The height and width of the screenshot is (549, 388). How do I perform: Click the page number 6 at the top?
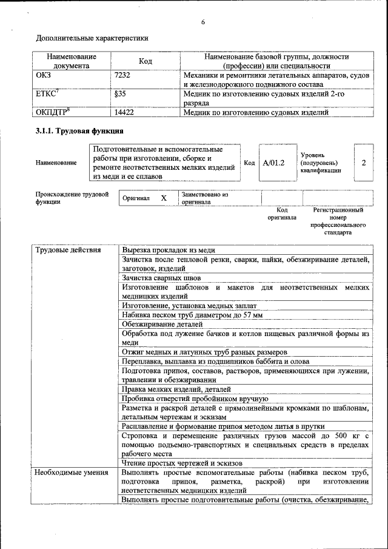coord(203,22)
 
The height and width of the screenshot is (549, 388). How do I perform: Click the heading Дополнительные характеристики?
coord(92,38)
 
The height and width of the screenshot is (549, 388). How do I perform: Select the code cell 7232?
coord(123,75)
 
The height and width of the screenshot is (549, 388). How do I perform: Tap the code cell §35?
coord(120,94)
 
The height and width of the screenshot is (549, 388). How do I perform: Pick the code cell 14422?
coord(124,112)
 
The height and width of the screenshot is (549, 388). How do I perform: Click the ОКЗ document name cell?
coord(44,75)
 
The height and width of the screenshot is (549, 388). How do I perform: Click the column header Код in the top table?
coord(145,61)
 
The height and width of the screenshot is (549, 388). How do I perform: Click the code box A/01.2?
coord(274,163)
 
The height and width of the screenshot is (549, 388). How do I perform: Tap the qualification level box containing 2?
coord(363,163)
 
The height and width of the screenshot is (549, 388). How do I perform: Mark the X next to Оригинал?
coord(163,198)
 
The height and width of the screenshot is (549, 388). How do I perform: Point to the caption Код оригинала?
coord(282,214)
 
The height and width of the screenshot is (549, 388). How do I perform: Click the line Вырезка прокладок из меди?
coord(169,250)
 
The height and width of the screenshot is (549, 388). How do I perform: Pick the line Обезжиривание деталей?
coord(159,325)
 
